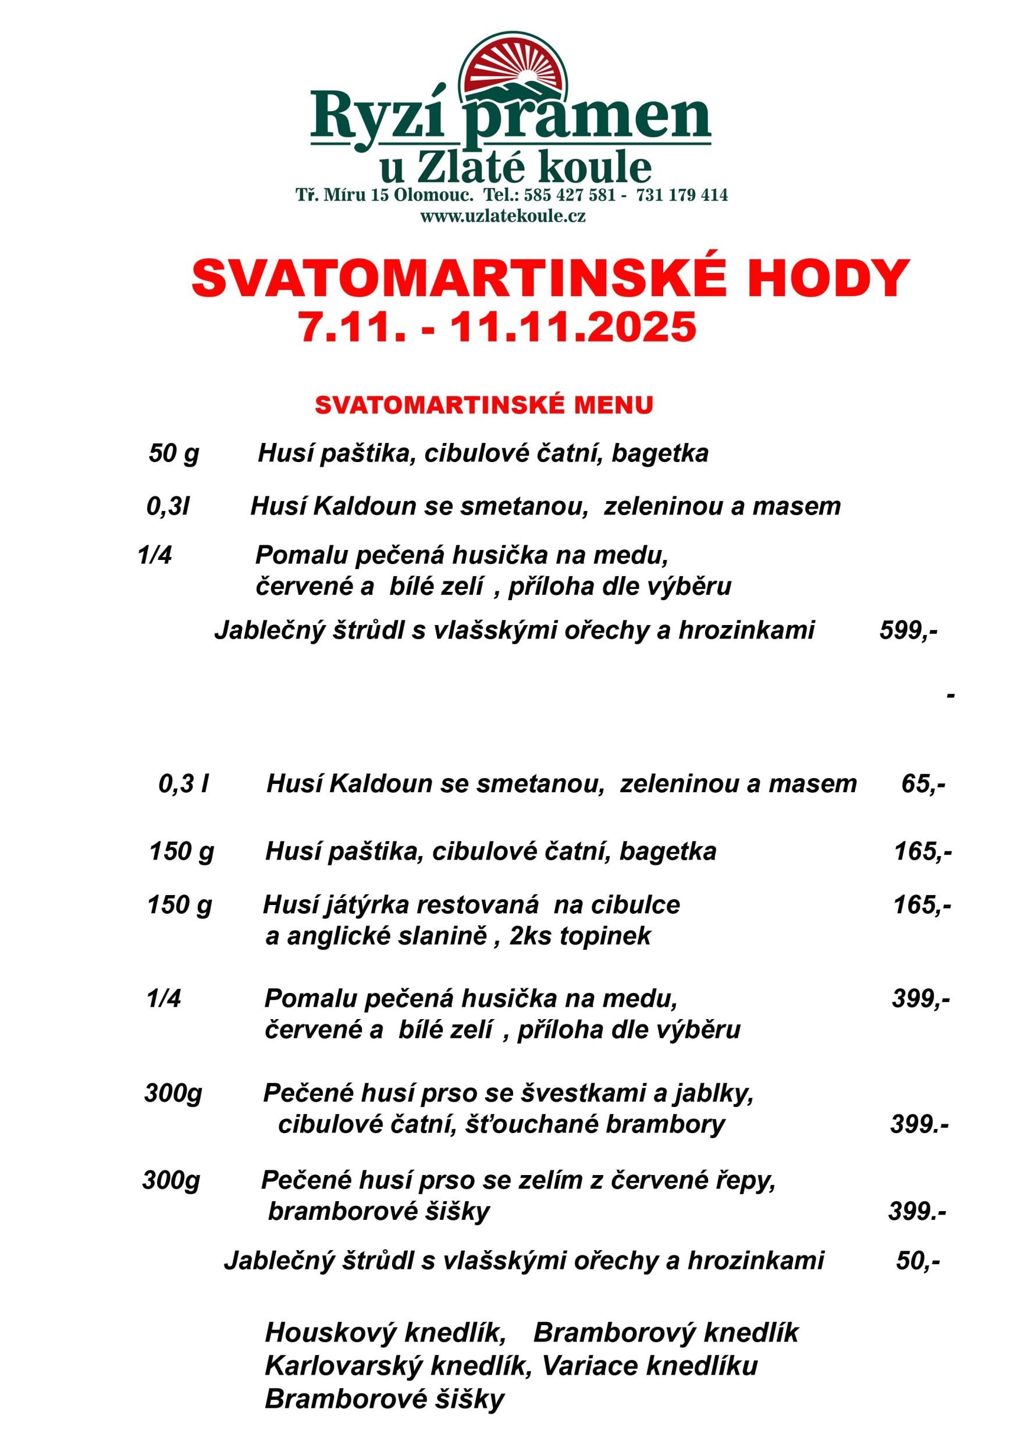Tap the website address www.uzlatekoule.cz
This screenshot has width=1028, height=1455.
tap(503, 216)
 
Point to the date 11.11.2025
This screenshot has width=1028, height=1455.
tap(572, 328)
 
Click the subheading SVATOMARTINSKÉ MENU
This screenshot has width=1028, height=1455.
tap(484, 405)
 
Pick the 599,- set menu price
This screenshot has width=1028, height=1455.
tap(908, 630)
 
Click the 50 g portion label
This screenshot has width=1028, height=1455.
tap(173, 453)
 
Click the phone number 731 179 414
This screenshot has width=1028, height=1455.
tap(681, 194)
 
